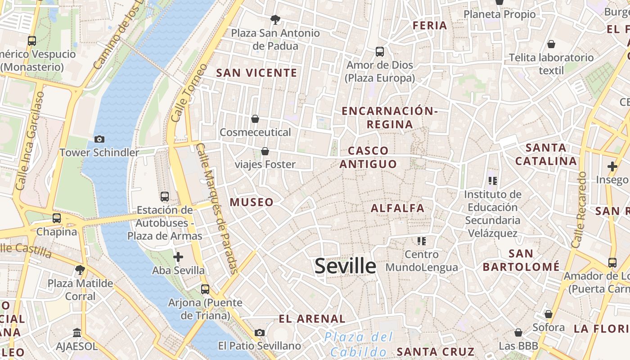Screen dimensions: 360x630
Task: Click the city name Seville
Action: (x=345, y=266)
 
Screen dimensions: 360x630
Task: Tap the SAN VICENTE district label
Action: (x=256, y=73)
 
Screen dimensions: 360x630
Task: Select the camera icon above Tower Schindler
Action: (x=99, y=139)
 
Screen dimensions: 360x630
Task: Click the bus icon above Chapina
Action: (x=57, y=218)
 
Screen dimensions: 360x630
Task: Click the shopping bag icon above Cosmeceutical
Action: (x=255, y=119)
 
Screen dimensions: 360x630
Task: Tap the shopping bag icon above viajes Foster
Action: (x=265, y=151)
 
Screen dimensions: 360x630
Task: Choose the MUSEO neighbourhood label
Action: (x=252, y=202)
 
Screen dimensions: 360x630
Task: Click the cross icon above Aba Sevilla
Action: (x=178, y=257)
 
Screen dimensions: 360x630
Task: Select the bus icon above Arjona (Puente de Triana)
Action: (x=205, y=289)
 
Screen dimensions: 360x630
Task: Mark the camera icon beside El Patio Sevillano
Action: (x=260, y=333)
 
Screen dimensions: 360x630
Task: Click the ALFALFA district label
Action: (x=397, y=208)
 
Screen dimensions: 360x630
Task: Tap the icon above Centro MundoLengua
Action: (x=422, y=241)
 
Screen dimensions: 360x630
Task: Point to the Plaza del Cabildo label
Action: (x=359, y=344)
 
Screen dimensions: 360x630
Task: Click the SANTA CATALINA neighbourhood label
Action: (x=546, y=154)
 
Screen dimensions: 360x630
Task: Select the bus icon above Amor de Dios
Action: (x=380, y=52)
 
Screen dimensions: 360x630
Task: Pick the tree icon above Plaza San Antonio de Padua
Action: (x=275, y=19)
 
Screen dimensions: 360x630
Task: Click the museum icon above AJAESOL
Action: (x=76, y=333)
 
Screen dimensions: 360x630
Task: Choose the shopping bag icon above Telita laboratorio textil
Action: (x=551, y=44)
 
